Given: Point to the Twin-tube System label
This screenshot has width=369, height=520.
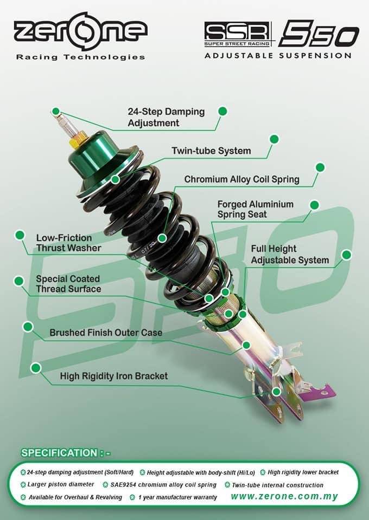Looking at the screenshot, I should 211,151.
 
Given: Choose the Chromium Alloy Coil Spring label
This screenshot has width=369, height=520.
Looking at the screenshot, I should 241,179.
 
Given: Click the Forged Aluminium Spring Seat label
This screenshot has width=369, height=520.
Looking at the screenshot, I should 255,209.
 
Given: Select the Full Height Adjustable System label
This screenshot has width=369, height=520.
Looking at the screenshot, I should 290,255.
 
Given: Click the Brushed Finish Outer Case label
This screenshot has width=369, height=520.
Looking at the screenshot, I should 106,332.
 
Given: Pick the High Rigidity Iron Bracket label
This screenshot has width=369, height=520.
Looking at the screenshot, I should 113,375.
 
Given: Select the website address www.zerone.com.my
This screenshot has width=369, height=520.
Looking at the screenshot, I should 288,496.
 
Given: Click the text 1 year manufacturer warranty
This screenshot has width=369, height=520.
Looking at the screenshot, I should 177,497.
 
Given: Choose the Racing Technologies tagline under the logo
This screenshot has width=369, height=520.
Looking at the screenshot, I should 80,57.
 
